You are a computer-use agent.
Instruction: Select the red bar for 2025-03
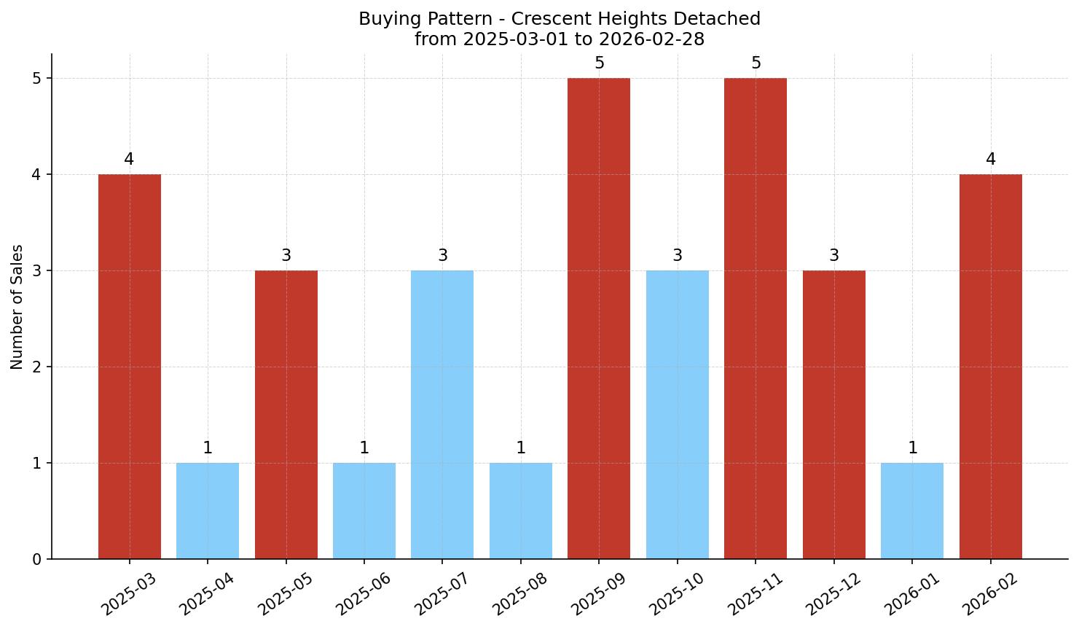coord(130,367)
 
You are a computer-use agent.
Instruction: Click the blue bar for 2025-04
coord(208,511)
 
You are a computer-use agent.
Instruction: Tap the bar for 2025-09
coord(599,319)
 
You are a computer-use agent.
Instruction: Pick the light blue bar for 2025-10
coord(678,415)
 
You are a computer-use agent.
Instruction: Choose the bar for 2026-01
coord(912,511)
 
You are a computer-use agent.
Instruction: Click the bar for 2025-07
coord(442,415)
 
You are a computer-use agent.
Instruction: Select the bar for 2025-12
coord(834,415)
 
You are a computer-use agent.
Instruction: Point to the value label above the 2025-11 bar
coord(756,63)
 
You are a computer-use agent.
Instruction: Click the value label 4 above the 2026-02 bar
coord(991,160)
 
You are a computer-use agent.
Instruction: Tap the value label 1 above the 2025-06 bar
coord(364,448)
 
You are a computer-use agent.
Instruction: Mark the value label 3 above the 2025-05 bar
coord(286,256)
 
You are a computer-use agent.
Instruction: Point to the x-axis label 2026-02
coord(988,593)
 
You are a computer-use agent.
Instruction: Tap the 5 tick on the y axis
coord(37,79)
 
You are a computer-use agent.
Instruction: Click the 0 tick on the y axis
coord(37,560)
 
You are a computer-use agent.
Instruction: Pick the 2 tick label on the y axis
coord(37,367)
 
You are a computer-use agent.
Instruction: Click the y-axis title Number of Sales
coord(17,307)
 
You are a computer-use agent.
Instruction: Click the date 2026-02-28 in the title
coord(657,39)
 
